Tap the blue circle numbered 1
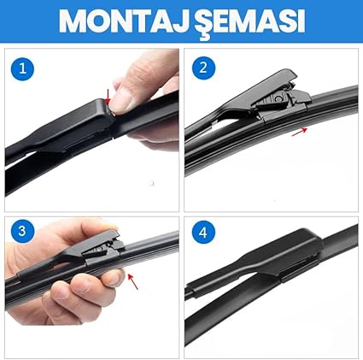22,68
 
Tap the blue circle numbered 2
203,68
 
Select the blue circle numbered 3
22,231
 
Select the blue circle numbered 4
203,233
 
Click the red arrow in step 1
108,97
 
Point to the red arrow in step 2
300,132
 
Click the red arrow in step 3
132,281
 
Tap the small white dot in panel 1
152,183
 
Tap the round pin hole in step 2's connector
278,98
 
